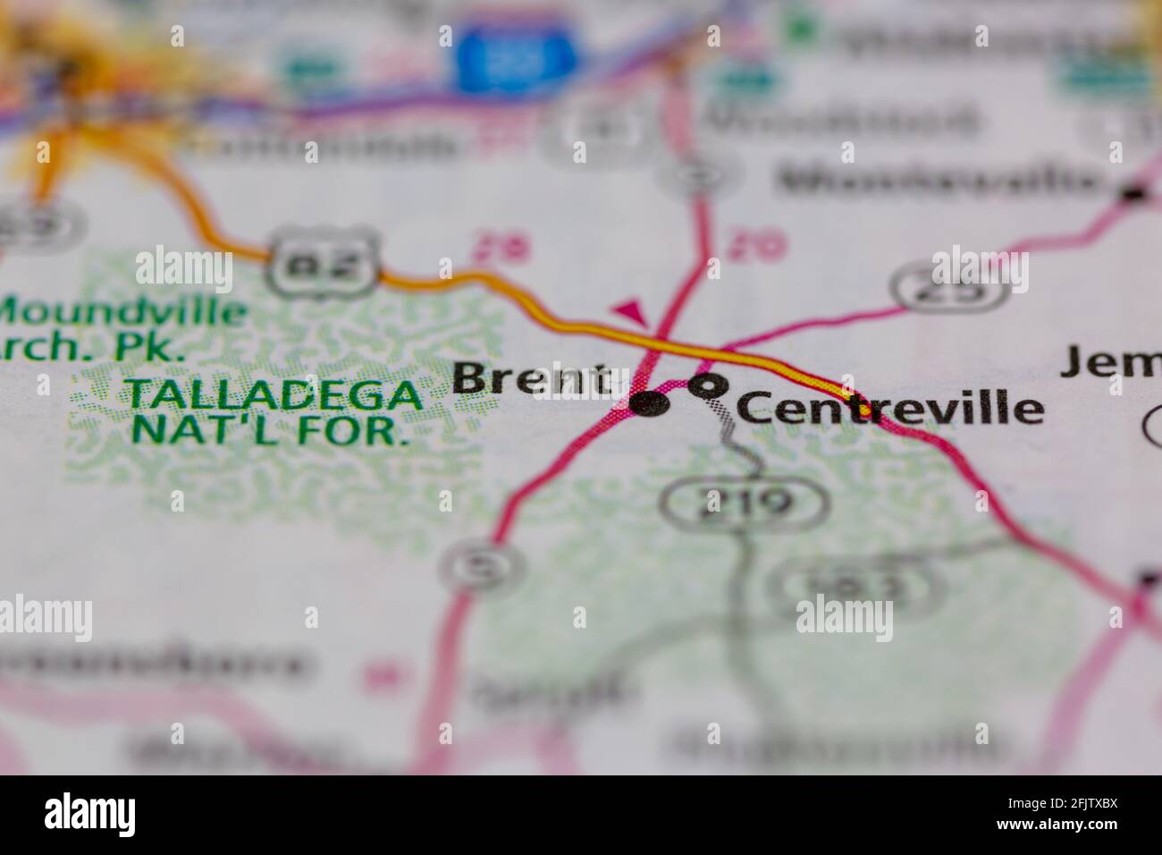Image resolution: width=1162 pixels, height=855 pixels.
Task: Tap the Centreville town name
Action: tap(888, 408)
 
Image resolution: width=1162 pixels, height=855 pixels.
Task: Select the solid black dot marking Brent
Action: tap(650, 404)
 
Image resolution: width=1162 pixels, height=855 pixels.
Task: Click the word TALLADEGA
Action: tap(273, 394)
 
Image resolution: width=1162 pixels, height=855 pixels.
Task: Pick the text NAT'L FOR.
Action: tap(264, 430)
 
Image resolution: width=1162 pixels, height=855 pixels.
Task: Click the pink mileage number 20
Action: tap(756, 243)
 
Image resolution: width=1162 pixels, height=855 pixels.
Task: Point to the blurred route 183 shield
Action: tap(863, 584)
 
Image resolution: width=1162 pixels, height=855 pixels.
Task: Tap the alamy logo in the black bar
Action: tap(90, 814)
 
